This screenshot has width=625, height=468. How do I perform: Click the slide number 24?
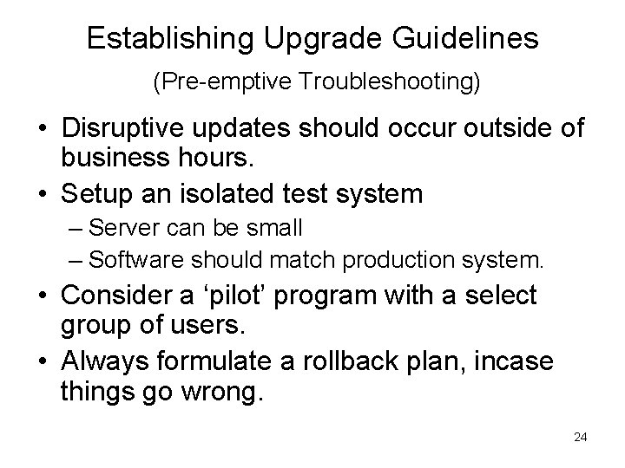[x=581, y=436]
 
